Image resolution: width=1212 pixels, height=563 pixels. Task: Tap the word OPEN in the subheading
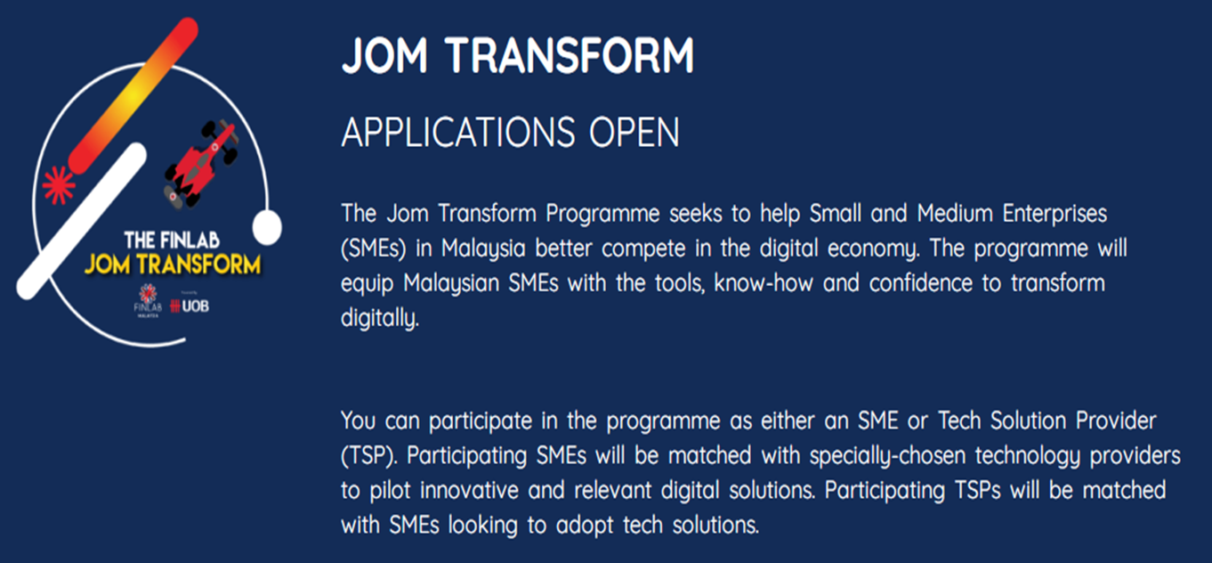[x=634, y=132]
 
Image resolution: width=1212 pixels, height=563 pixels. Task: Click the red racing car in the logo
[x=201, y=164]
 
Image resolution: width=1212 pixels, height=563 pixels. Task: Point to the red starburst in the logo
[x=59, y=185]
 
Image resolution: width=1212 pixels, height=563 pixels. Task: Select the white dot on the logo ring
[x=267, y=227]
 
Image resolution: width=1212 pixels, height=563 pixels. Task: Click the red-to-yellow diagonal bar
[x=133, y=95]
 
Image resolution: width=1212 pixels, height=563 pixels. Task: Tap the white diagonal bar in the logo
[x=82, y=221]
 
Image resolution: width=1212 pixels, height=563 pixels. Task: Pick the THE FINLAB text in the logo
[x=172, y=240]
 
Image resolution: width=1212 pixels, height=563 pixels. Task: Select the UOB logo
[x=190, y=306]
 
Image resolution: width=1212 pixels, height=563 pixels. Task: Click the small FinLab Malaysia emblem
[x=148, y=300]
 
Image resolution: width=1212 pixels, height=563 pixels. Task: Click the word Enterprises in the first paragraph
[x=1054, y=214]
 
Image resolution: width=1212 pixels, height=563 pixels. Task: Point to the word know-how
[x=764, y=283]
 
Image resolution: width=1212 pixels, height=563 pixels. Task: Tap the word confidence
[x=921, y=283]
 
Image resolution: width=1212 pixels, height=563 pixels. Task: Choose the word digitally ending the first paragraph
[x=380, y=318]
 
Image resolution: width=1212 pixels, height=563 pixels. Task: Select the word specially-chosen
[x=887, y=456]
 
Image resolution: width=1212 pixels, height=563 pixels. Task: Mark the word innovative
[x=469, y=490]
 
